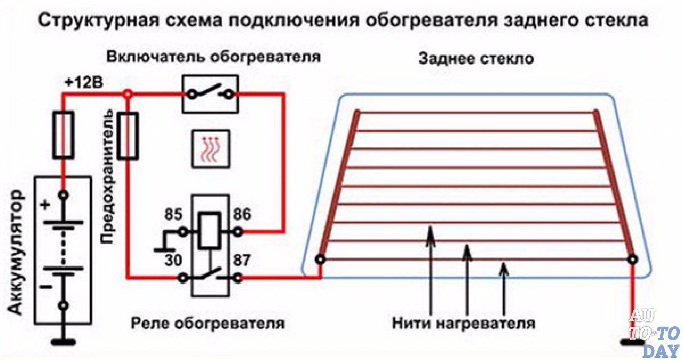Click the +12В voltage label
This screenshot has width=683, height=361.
click(x=84, y=83)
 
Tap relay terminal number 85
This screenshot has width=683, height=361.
click(x=173, y=214)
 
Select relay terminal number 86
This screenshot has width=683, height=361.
click(x=242, y=214)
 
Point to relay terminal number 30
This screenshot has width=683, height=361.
click(x=173, y=261)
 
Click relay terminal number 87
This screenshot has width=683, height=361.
click(x=242, y=261)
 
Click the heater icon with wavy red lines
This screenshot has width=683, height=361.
click(x=211, y=149)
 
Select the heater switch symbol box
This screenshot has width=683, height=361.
click(x=210, y=95)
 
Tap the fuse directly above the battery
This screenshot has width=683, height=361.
click(x=63, y=135)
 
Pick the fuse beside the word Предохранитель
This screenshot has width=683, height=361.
click(x=128, y=136)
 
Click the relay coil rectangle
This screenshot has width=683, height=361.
click(x=209, y=231)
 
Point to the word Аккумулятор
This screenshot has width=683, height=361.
click(x=15, y=252)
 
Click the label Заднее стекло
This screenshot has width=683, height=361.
click(x=476, y=59)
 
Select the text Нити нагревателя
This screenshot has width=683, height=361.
click(x=464, y=323)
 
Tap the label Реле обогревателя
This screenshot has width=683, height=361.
click(x=208, y=323)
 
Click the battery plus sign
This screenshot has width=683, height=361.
click(x=45, y=205)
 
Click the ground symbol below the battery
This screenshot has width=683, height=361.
click(x=63, y=342)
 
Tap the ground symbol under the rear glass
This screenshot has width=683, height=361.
click(x=633, y=342)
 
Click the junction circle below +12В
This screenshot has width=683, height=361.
click(x=128, y=95)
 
